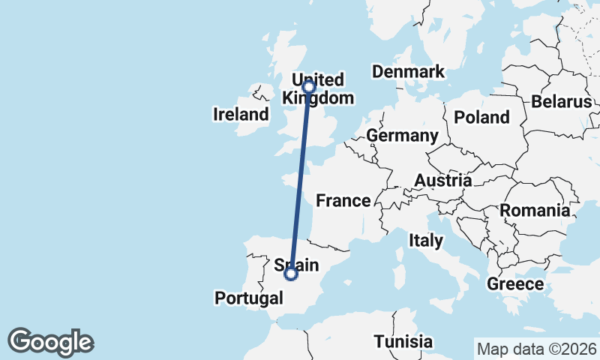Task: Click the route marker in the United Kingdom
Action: click(x=308, y=86)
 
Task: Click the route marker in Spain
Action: click(x=291, y=274)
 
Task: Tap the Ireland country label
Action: click(x=241, y=115)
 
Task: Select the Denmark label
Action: click(x=408, y=72)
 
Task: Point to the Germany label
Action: click(x=402, y=136)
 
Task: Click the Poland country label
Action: click(x=481, y=117)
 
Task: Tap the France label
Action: click(x=343, y=200)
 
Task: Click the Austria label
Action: click(x=443, y=181)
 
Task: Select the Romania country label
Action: click(x=535, y=210)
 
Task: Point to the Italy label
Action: click(x=425, y=241)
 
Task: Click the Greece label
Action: click(x=514, y=284)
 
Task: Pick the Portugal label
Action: click(x=249, y=298)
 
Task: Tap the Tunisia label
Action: click(x=403, y=341)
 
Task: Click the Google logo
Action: click(x=50, y=342)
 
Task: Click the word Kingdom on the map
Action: click(x=317, y=98)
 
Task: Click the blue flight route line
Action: click(x=300, y=180)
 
